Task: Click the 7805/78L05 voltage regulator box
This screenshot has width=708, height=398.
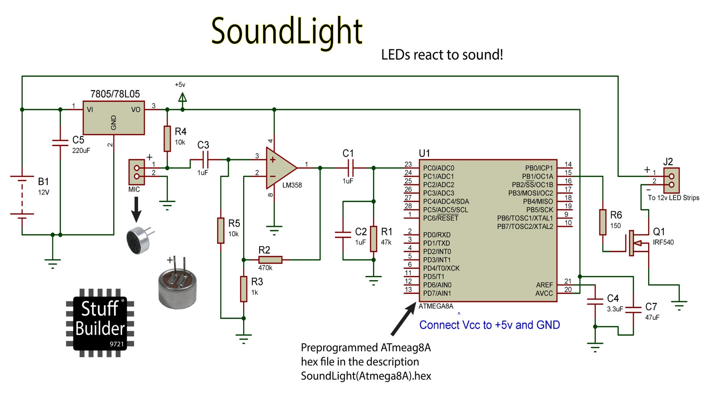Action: click(114, 118)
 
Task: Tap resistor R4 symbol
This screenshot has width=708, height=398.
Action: click(167, 138)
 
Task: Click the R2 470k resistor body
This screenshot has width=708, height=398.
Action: click(270, 260)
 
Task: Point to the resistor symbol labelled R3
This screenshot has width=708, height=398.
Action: click(244, 289)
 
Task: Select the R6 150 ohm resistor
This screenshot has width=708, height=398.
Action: click(603, 222)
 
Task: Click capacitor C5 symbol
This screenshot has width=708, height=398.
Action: click(60, 143)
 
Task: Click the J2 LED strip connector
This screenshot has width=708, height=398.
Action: click(671, 180)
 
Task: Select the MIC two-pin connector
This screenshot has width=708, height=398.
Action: click(137, 172)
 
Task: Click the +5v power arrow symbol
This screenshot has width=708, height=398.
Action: click(182, 98)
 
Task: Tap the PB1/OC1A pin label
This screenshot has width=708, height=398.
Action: click(537, 176)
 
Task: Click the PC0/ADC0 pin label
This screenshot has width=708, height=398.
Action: click(438, 168)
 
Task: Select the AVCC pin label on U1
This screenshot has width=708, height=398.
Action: click(544, 293)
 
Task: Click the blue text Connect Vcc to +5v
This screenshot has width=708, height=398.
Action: click(489, 325)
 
